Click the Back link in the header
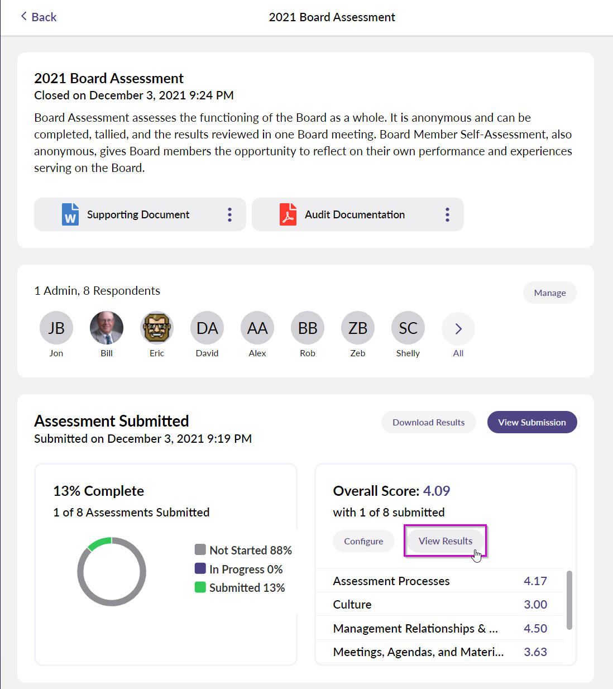point(39,17)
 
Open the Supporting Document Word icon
point(70,214)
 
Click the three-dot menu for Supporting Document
point(230,214)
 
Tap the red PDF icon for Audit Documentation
point(288,214)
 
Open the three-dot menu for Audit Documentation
point(447,214)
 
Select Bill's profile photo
point(107,328)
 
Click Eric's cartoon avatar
point(157,328)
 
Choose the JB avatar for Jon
point(56,328)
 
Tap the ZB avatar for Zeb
point(358,328)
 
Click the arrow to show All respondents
point(458,328)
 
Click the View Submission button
point(532,422)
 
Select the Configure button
point(363,541)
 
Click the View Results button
point(446,540)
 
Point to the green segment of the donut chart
point(99,542)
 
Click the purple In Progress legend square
point(200,568)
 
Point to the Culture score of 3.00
point(535,604)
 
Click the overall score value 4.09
point(436,491)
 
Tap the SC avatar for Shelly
point(408,328)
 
